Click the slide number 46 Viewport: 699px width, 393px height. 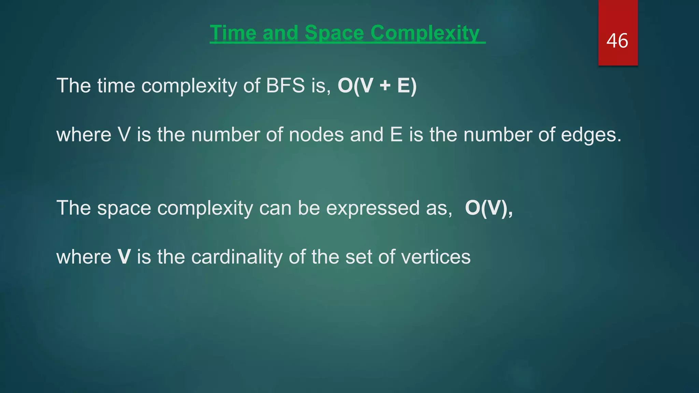pyautogui.click(x=617, y=41)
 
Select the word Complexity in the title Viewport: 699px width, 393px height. pyautogui.click(x=425, y=33)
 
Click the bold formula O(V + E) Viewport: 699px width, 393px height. pyautogui.click(x=377, y=85)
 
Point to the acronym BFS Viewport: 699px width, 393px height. pyautogui.click(x=285, y=85)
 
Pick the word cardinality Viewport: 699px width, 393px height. pyautogui.click(x=237, y=257)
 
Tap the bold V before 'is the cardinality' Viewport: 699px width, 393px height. pyautogui.click(x=124, y=257)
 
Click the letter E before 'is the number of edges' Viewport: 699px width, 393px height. pyautogui.click(x=396, y=135)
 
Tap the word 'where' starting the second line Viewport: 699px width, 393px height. pyautogui.click(x=84, y=135)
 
